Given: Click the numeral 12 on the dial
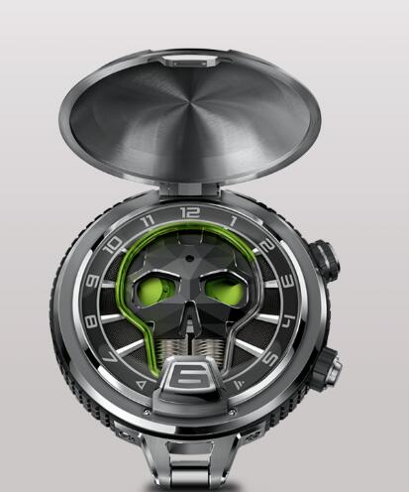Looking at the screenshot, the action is (190, 212).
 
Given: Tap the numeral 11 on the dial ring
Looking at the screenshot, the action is (148, 221).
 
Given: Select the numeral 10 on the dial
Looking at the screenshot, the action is (113, 245).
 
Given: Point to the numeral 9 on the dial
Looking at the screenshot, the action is (92, 281).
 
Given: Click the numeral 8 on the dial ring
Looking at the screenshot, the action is (91, 321).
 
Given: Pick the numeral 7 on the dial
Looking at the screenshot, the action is (110, 357).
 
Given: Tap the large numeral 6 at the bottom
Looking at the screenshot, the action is (191, 376).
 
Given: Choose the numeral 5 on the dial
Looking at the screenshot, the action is (269, 358).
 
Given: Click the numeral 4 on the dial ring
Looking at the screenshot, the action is (288, 321).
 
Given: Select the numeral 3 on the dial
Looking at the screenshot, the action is (287, 281).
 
